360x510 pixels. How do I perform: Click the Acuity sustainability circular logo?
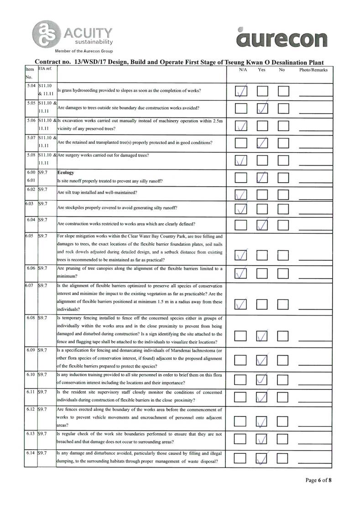pos(44,33)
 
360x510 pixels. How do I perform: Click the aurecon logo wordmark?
pos(282,39)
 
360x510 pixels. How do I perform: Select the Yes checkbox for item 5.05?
pos(262,109)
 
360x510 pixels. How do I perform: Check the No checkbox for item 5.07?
pos(284,143)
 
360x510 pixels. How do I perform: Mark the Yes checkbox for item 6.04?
pos(262,225)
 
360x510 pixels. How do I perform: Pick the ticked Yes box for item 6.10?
pos(262,379)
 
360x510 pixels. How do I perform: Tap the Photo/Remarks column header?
pos(313,70)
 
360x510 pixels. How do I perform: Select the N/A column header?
pos(243,70)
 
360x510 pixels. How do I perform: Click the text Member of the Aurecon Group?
pos(84,51)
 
